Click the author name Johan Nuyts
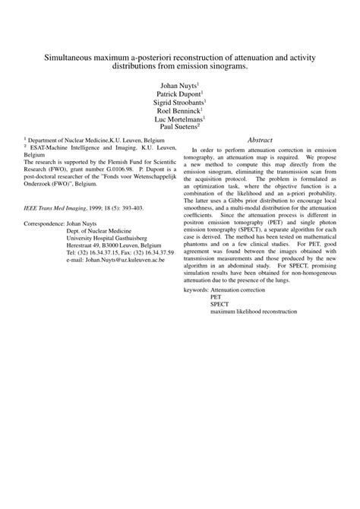[x=178, y=86]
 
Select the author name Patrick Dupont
[x=178, y=94]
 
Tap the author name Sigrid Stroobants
[x=178, y=103]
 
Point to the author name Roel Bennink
[x=178, y=111]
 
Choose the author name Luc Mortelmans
[x=178, y=119]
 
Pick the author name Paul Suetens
[x=178, y=128]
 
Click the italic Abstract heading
[x=261, y=141]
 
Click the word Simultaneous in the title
[x=72, y=58]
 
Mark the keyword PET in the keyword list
[x=216, y=297]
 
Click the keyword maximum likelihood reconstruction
[x=254, y=311]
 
